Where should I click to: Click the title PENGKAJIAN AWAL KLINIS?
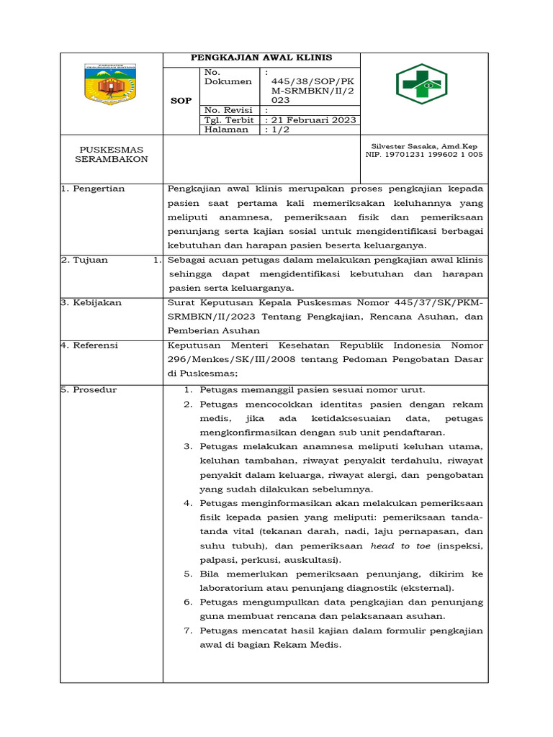pos(261,58)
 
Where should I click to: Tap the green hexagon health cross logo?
pos(423,84)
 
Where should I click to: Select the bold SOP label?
pos(181,101)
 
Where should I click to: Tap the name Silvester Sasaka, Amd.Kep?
pos(424,145)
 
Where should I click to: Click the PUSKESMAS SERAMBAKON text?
pos(111,154)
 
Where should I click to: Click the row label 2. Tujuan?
pos(84,260)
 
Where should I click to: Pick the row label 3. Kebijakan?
pos(91,302)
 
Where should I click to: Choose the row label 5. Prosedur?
pos(89,389)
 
